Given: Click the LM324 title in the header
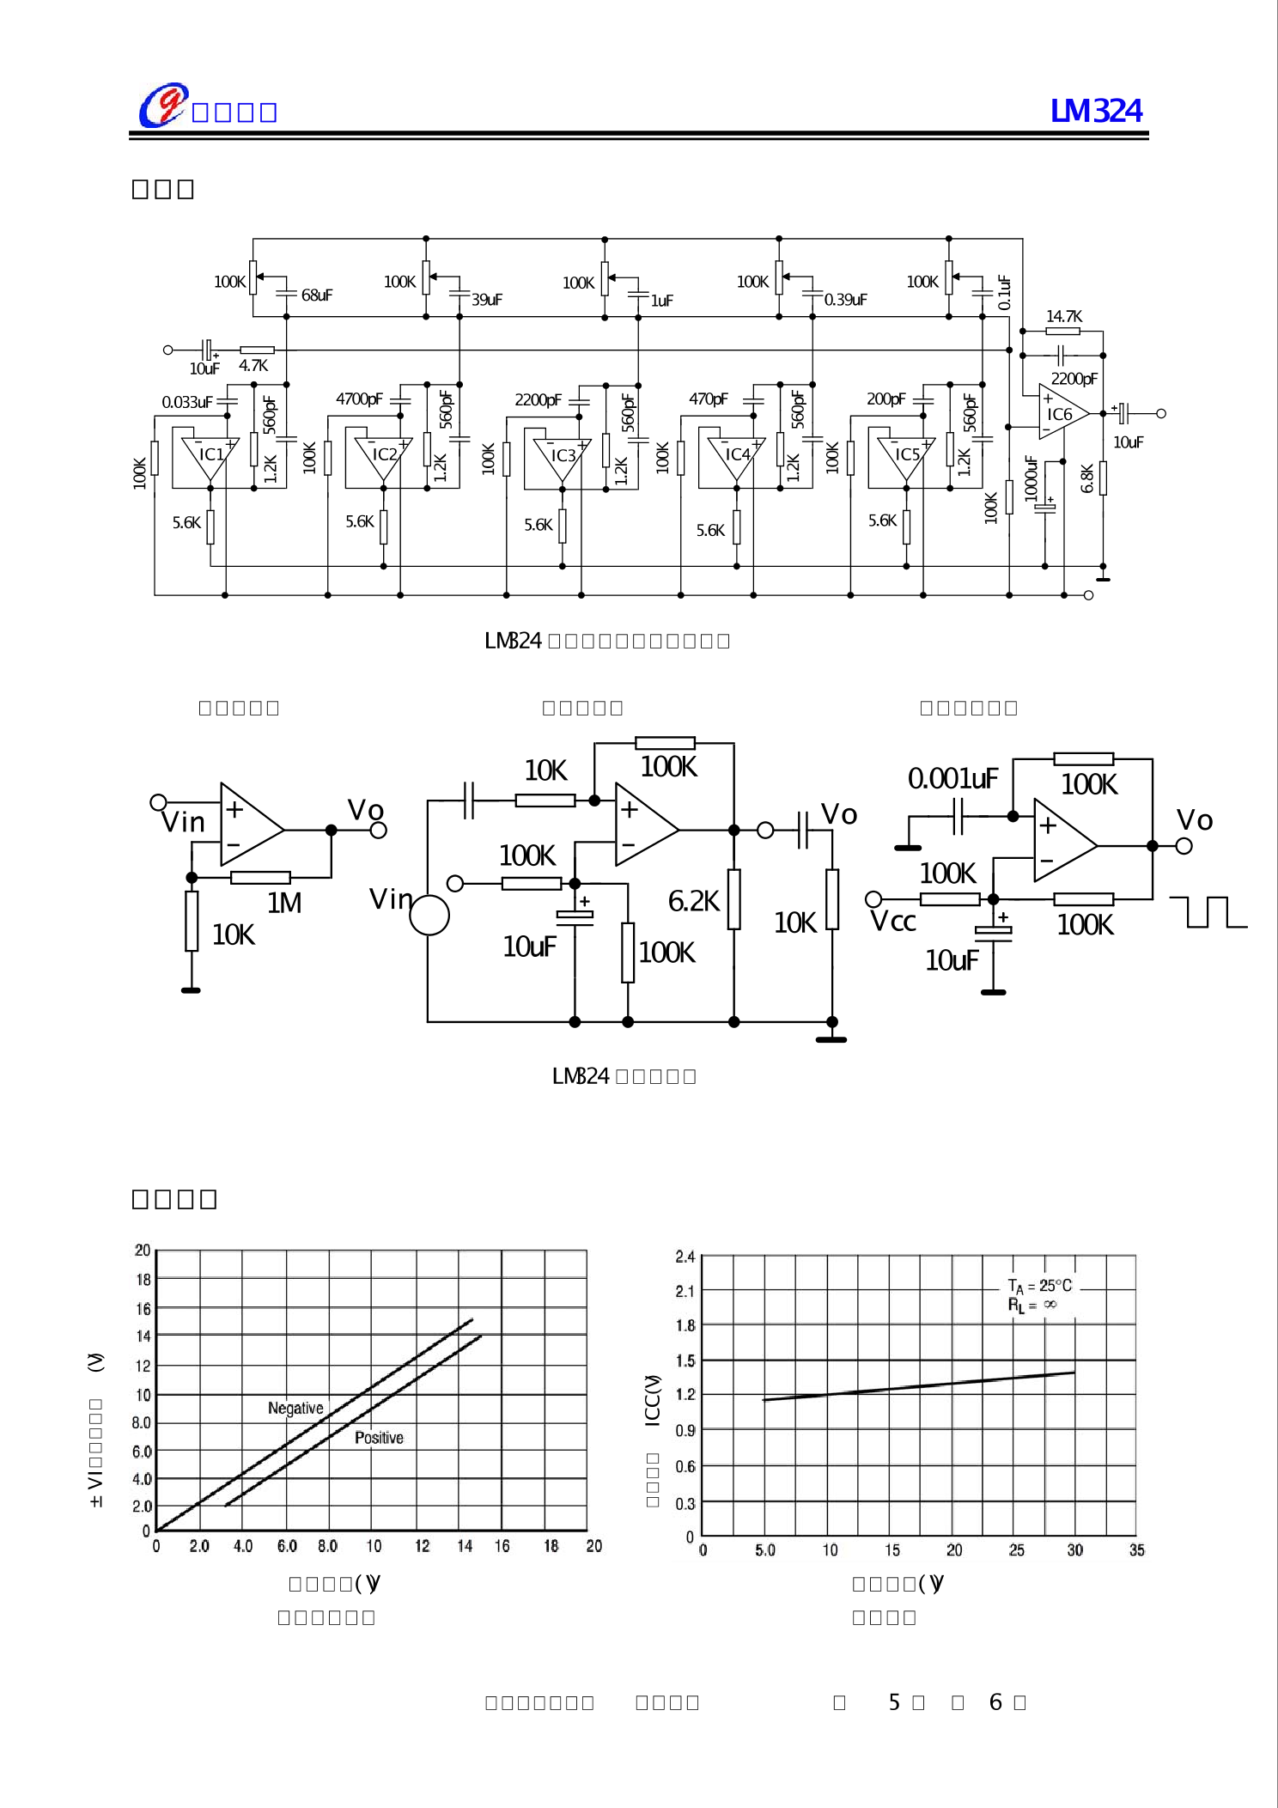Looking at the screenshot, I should click(x=1096, y=111).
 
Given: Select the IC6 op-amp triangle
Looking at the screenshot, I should click(x=1061, y=413).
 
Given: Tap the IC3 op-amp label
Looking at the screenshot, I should click(x=563, y=455).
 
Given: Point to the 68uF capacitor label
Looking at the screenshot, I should click(x=316, y=295).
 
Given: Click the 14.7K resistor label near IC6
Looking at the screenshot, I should click(x=1063, y=316).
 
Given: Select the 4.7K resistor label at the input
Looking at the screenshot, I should click(x=253, y=366).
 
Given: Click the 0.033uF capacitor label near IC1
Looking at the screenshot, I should click(x=186, y=402).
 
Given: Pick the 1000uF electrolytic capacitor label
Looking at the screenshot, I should click(x=1031, y=478).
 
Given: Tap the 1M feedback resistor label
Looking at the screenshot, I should click(x=283, y=903).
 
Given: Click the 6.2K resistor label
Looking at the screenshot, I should click(x=693, y=901).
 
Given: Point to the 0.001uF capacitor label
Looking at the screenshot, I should click(x=952, y=778).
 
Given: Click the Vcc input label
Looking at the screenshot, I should click(x=892, y=922).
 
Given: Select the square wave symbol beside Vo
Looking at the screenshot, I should click(x=1208, y=911).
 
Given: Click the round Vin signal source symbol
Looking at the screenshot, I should click(x=429, y=915).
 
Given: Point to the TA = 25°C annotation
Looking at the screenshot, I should click(x=1039, y=1286).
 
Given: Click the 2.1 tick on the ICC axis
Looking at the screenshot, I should click(x=685, y=1291).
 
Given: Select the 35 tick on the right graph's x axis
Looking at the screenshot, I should click(x=1136, y=1550).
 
